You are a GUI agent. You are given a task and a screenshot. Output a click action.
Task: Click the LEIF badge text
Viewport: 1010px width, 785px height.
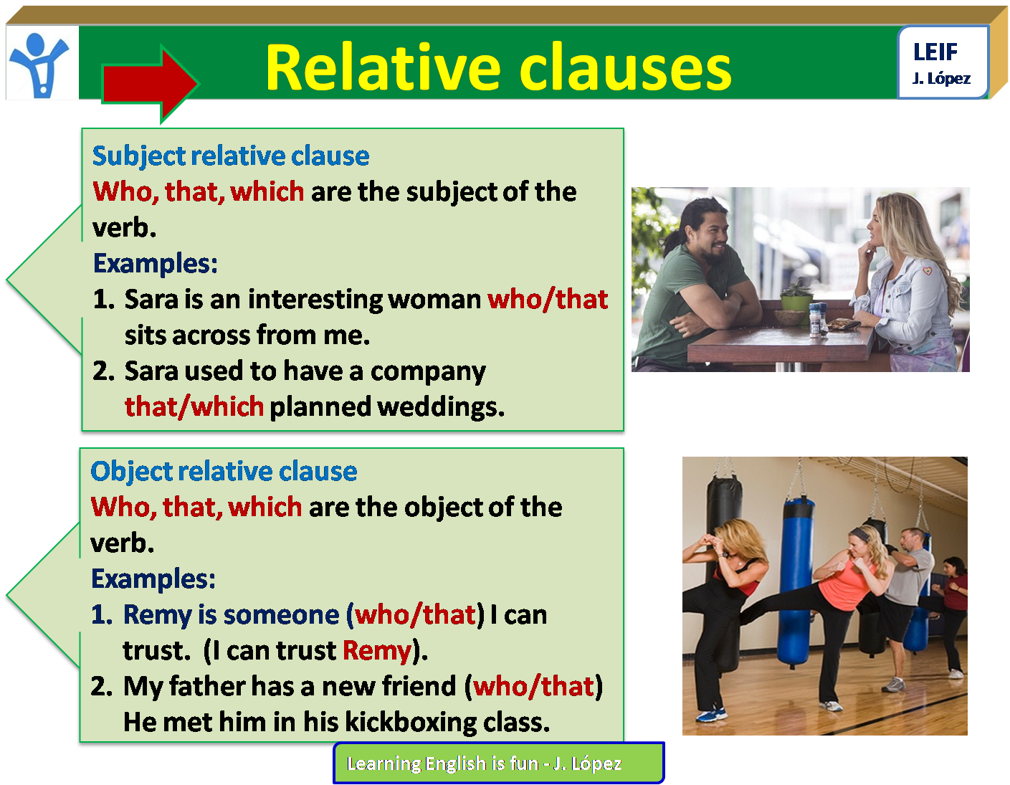pos(935,52)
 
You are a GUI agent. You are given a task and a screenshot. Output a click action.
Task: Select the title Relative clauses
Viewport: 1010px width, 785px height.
pos(498,68)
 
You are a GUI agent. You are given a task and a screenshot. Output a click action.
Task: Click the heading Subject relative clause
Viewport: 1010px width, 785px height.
pos(231,156)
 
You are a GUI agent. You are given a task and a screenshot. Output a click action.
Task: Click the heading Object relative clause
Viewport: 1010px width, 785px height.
pos(224,472)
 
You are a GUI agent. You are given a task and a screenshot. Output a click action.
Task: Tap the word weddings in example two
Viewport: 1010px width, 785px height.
pos(440,407)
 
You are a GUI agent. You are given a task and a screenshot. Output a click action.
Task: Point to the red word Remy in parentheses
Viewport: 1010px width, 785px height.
pos(376,651)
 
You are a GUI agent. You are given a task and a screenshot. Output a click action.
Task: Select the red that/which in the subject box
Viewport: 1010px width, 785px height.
pos(194,407)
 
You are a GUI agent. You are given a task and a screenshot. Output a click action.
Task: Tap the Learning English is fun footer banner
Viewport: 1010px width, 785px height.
pos(498,763)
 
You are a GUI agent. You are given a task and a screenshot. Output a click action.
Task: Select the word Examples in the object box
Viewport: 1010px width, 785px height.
pos(153,579)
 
